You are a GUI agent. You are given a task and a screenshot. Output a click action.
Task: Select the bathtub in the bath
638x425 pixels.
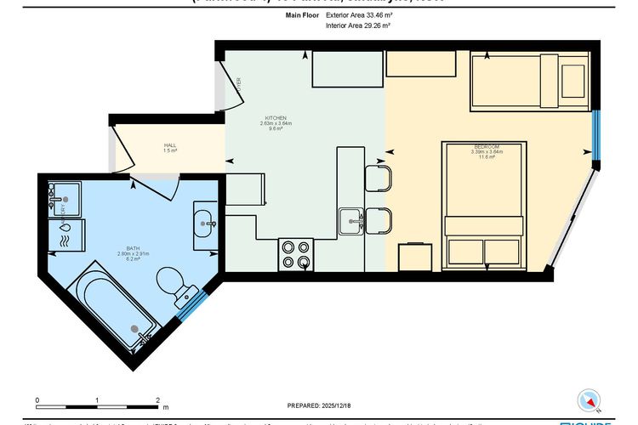pyautogui.click(x=115, y=309)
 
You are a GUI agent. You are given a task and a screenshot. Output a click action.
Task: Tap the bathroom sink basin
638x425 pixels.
pyautogui.click(x=206, y=225)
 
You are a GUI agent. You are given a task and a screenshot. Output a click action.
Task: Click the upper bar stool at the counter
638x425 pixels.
pyautogui.click(x=378, y=178)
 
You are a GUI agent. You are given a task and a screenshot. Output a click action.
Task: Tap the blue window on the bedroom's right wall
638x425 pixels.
pyautogui.click(x=596, y=135)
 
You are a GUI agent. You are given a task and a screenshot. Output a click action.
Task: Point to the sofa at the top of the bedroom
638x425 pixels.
pyautogui.click(x=529, y=80)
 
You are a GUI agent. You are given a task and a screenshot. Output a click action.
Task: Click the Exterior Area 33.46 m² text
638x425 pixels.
pyautogui.click(x=358, y=15)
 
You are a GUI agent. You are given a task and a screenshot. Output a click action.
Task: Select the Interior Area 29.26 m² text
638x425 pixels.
pyautogui.click(x=358, y=26)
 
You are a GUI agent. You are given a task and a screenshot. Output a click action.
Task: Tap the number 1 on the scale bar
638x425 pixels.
pyautogui.click(x=98, y=399)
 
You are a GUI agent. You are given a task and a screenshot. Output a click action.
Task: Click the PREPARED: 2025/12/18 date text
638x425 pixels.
pyautogui.click(x=318, y=405)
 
